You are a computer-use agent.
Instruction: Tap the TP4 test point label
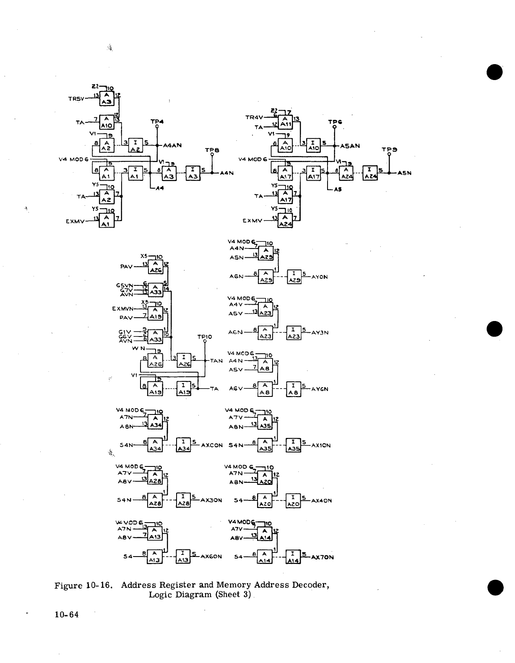point(157,122)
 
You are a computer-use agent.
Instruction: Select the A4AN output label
point(172,145)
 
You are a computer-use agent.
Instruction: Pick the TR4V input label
point(254,118)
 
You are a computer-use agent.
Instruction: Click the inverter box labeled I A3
point(193,173)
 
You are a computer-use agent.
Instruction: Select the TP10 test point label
point(205,337)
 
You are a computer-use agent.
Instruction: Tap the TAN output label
point(216,360)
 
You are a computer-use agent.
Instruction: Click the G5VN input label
point(124,285)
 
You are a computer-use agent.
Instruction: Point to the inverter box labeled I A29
point(294,277)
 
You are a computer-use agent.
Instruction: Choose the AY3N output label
point(320,333)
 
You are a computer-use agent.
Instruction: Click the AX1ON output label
point(321,445)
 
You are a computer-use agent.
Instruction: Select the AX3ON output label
point(211,500)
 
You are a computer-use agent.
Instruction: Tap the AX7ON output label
point(322,557)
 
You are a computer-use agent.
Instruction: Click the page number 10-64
point(66,615)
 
